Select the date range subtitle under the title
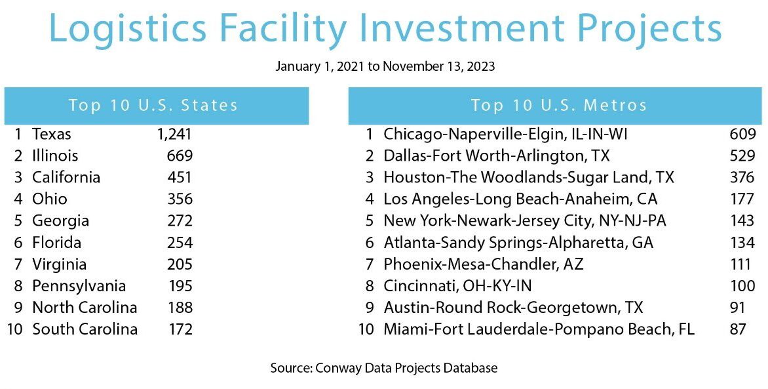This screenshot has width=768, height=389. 385,67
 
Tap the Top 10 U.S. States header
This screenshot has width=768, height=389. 153,106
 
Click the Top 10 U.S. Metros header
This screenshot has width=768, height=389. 558,106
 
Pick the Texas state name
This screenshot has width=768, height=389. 52,134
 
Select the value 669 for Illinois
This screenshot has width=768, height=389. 179,156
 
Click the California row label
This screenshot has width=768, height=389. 66,178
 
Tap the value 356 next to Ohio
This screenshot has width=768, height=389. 179,199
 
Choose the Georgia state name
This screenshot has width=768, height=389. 60,220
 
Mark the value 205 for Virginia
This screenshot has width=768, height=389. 179,264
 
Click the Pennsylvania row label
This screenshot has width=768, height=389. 79,286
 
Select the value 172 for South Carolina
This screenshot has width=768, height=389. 179,329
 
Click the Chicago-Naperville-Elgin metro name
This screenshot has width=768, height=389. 505,134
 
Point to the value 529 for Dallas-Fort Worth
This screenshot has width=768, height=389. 742,156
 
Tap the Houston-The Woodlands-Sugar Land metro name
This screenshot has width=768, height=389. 528,178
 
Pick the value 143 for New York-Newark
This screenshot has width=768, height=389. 742,220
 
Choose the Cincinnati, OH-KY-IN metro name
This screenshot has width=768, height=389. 457,286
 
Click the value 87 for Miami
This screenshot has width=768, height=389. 738,329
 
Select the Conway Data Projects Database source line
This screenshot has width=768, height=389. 384,368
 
